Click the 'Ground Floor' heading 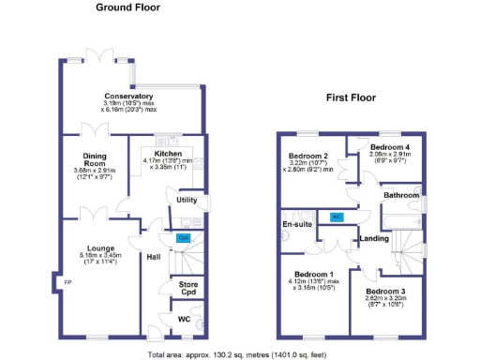coord(127,7)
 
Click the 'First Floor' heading coord(352,97)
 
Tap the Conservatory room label coord(128,97)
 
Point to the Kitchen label coord(168,153)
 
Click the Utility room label coord(186,201)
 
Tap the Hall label coord(154,255)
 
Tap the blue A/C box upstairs coord(337,216)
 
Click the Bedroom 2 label coord(307,156)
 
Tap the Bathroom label coord(399,195)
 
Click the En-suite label coord(296,224)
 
